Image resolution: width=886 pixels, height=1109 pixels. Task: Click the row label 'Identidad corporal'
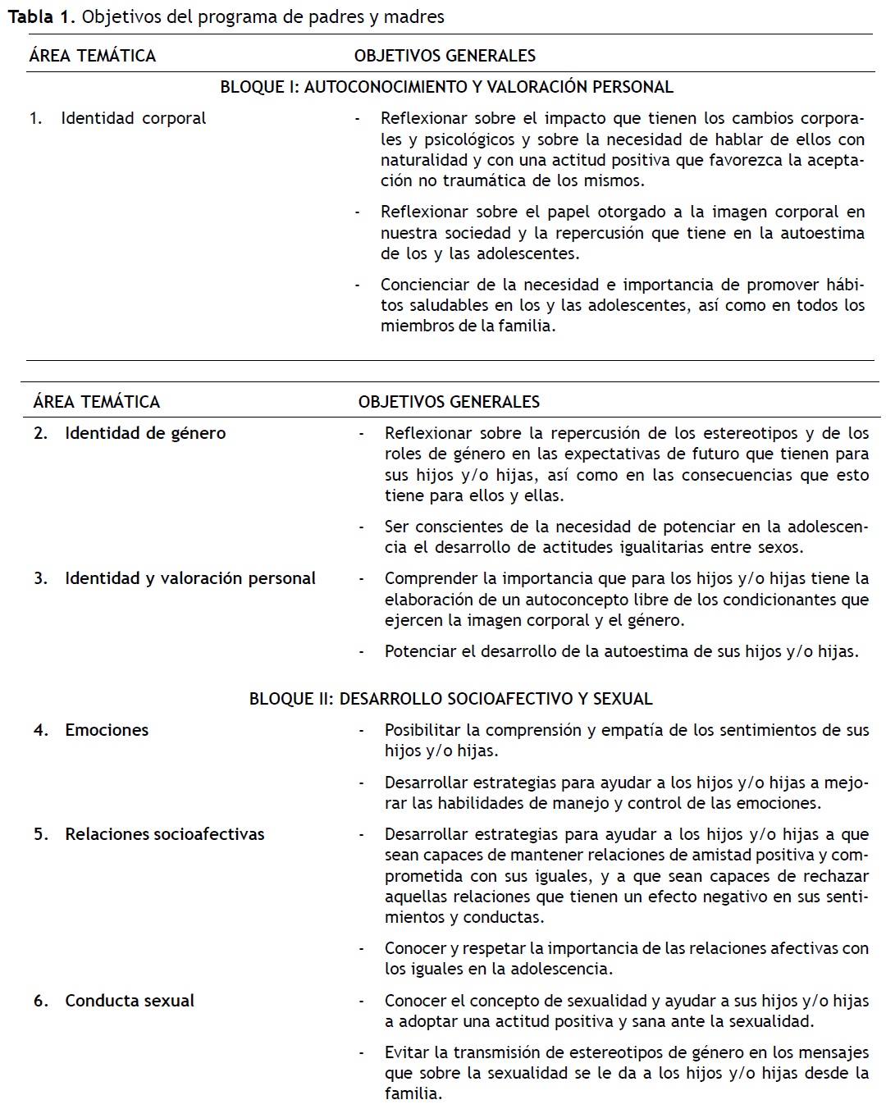[x=133, y=118]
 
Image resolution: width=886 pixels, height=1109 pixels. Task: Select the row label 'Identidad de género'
[x=145, y=433]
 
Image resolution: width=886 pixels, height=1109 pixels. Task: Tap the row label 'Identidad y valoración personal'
[x=190, y=578]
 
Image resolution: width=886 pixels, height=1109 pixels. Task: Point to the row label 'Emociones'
[x=107, y=730]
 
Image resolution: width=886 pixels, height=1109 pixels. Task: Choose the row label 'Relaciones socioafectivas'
[x=165, y=834]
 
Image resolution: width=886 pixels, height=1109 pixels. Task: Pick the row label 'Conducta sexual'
[x=130, y=1001]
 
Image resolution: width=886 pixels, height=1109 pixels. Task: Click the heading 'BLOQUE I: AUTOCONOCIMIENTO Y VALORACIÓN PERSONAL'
[x=446, y=87]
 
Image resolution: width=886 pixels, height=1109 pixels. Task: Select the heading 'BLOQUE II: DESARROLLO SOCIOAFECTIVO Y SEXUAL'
[x=450, y=699]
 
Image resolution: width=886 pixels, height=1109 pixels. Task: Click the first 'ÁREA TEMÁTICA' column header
[x=92, y=56]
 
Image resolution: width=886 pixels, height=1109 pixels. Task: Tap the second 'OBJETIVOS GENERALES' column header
[x=449, y=402]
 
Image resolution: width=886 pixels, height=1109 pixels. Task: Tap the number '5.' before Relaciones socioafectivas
[x=41, y=834]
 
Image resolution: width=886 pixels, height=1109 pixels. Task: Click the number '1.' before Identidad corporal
[x=36, y=118]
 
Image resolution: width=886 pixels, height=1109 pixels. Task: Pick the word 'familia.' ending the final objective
[x=413, y=1093]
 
